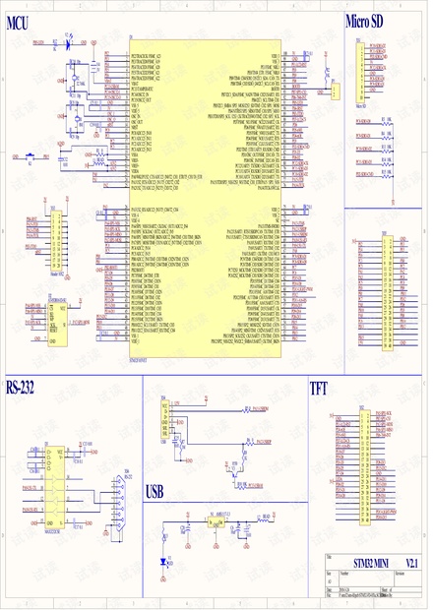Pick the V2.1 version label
(411, 561)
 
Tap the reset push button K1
(31, 155)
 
